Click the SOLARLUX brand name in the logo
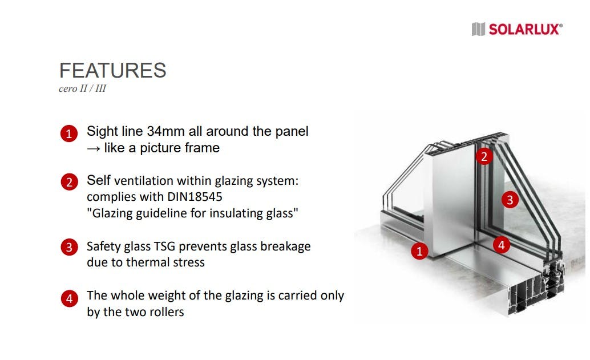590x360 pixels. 526,29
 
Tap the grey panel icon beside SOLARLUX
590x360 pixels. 478,29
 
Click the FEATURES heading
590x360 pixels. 112,70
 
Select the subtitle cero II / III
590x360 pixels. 82,88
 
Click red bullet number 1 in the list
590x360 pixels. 69,134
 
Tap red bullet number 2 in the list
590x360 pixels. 69,182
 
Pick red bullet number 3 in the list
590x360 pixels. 69,247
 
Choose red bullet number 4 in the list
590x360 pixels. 69,299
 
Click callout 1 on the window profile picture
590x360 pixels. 419,251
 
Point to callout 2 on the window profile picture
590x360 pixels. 484,156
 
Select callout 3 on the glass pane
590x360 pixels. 510,199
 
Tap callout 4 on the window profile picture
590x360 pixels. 502,245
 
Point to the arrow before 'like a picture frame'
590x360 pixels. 94,148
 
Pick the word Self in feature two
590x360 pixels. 99,180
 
